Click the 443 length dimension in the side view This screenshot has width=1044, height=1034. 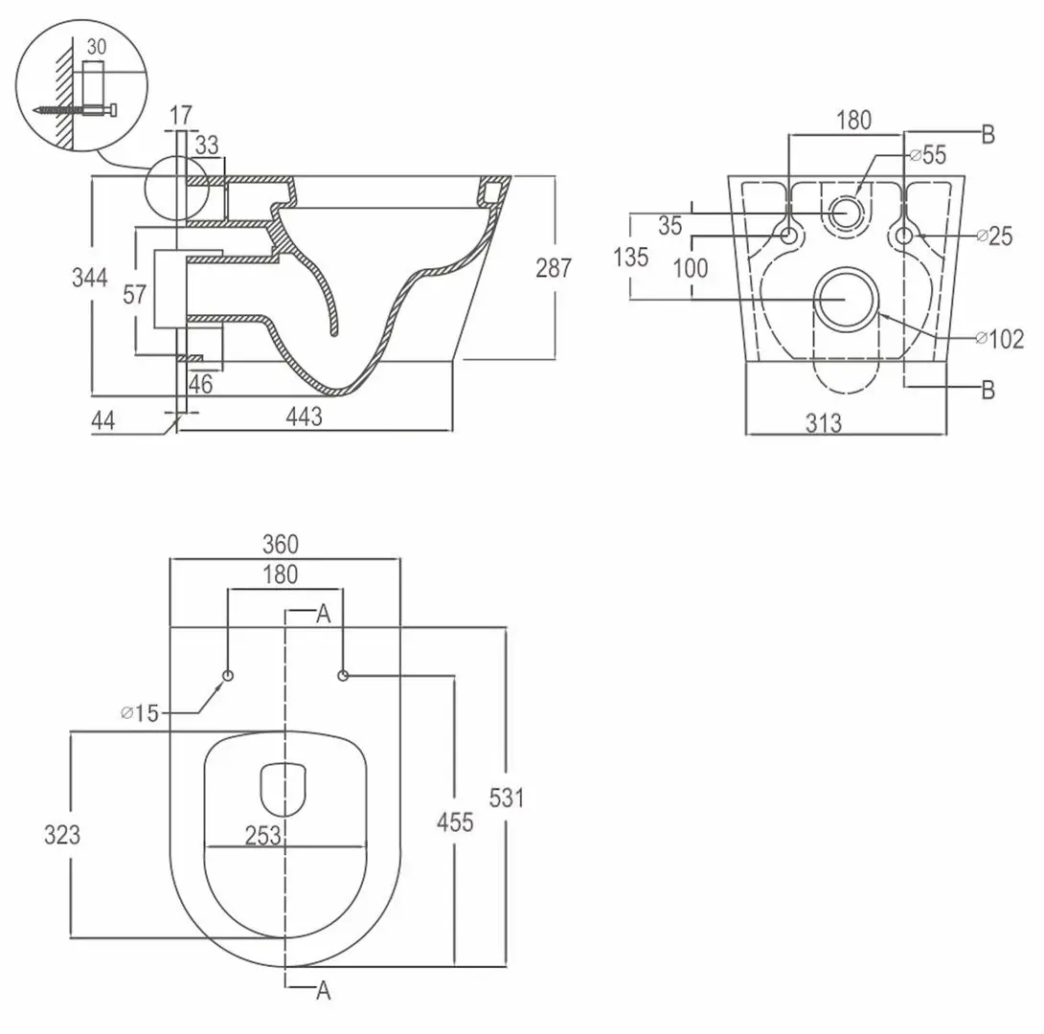(x=304, y=416)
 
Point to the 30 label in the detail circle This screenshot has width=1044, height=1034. (x=97, y=46)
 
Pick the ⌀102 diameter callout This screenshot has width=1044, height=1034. (x=999, y=338)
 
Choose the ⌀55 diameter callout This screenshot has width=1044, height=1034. (x=928, y=154)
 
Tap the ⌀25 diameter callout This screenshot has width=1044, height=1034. (x=993, y=236)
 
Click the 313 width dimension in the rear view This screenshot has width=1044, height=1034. (x=824, y=421)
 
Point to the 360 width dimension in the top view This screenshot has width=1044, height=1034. (x=281, y=544)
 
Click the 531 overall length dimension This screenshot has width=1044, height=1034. (x=507, y=798)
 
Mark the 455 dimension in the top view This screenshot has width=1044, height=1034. (x=454, y=821)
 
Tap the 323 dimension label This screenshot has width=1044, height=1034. (x=62, y=834)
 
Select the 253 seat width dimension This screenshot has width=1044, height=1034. (x=262, y=836)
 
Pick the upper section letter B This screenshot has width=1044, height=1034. (x=988, y=135)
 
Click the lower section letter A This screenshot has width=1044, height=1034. (x=324, y=991)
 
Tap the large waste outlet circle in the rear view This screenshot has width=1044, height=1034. (x=844, y=298)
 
